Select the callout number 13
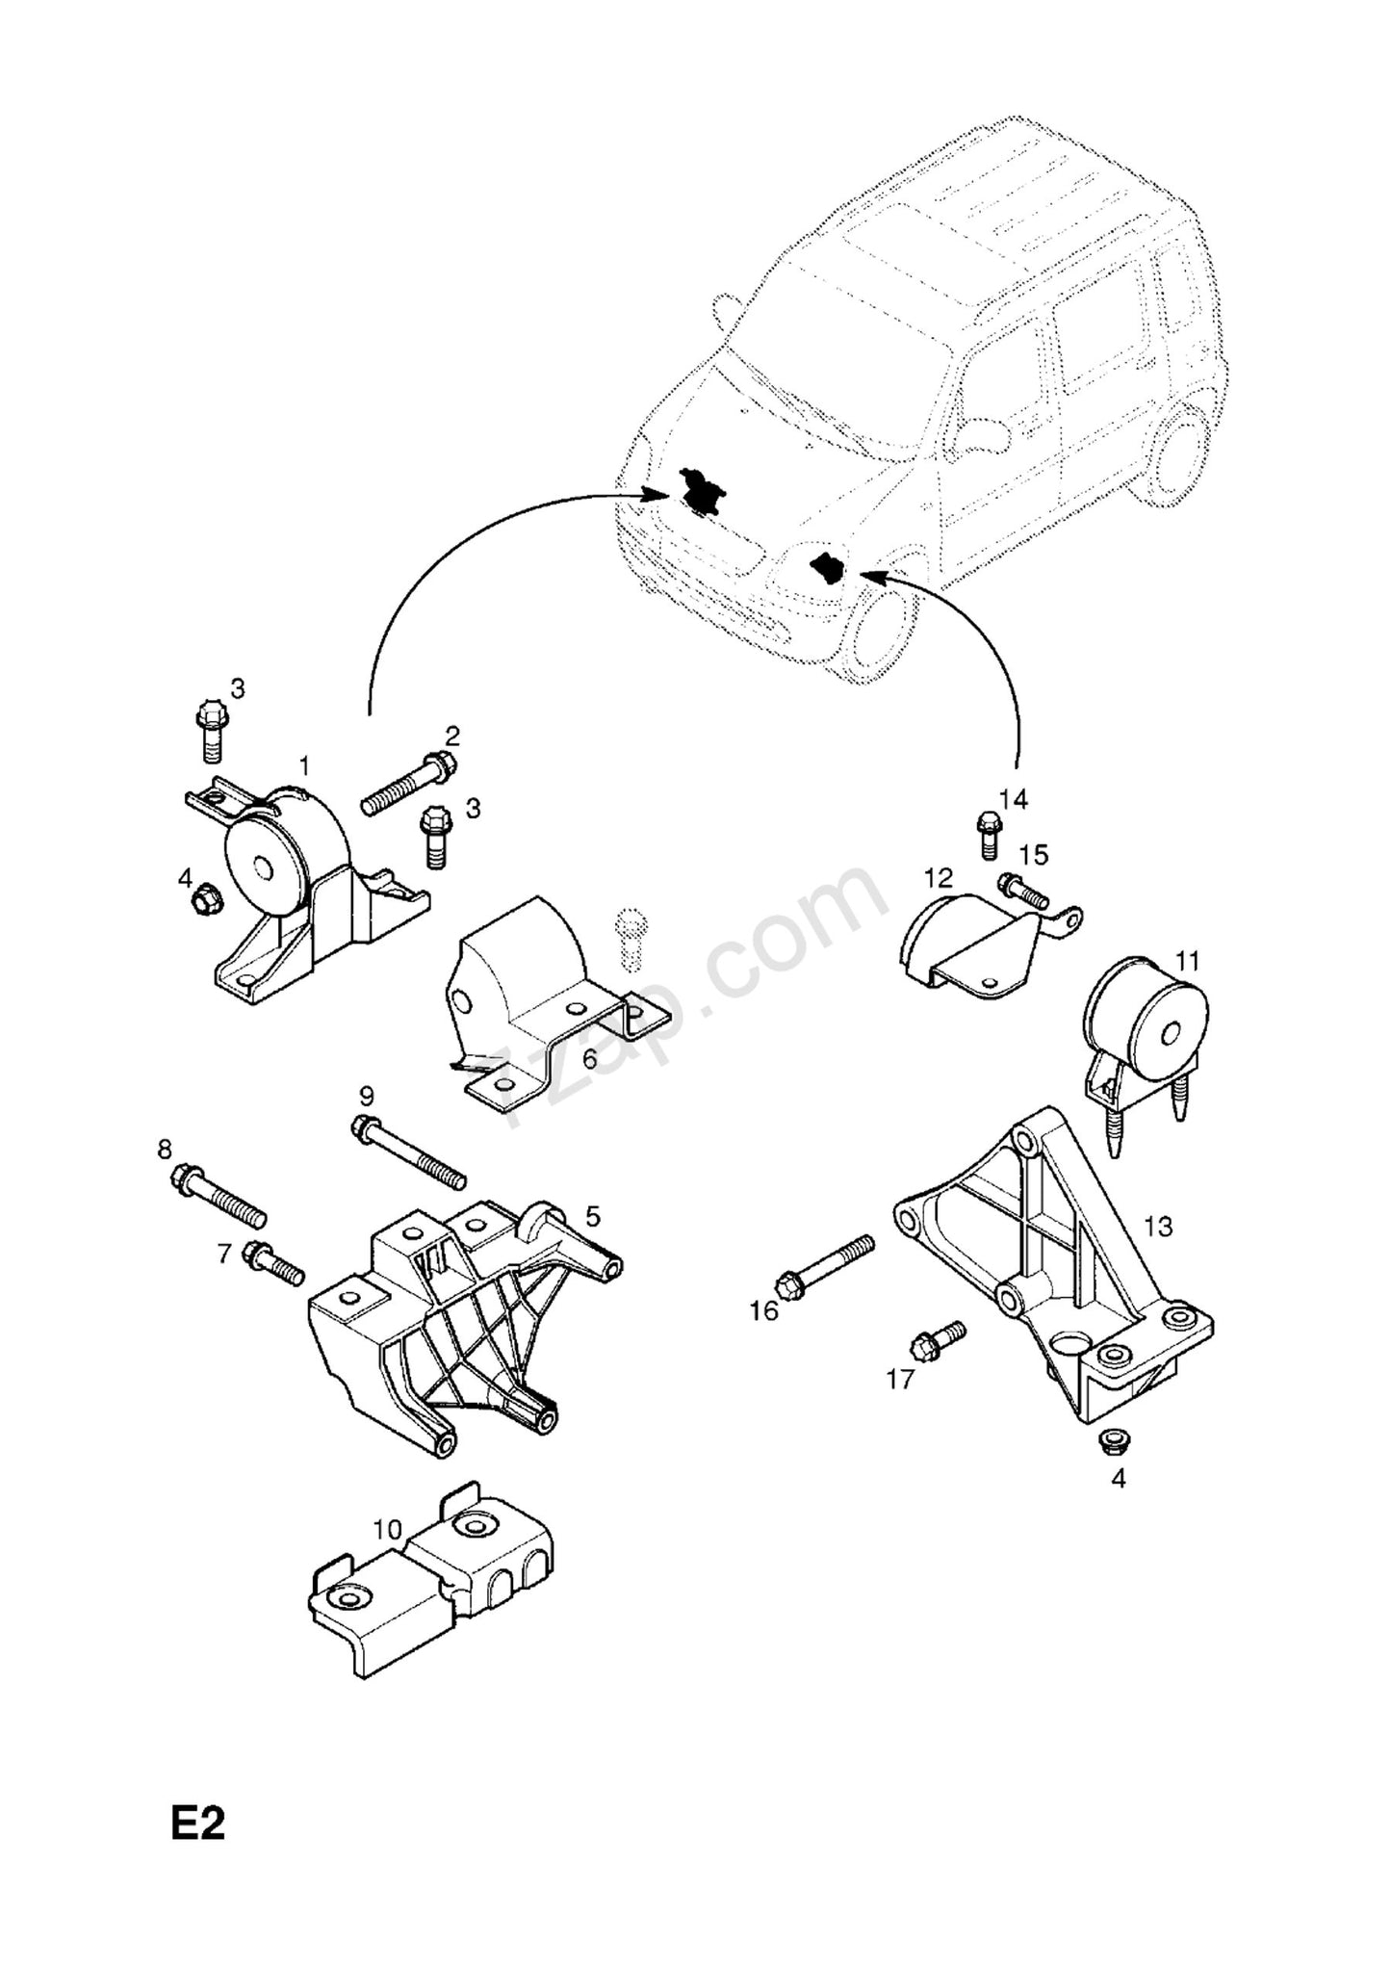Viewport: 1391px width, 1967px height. tap(1158, 1227)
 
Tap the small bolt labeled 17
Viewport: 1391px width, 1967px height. tap(939, 1339)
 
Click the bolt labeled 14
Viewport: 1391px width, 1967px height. tap(987, 834)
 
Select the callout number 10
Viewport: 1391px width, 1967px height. tap(387, 1529)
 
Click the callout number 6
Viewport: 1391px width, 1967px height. tap(589, 1058)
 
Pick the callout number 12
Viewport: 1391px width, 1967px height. tap(938, 877)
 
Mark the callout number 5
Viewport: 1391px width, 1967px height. tap(592, 1216)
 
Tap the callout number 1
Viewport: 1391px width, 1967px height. tap(304, 766)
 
